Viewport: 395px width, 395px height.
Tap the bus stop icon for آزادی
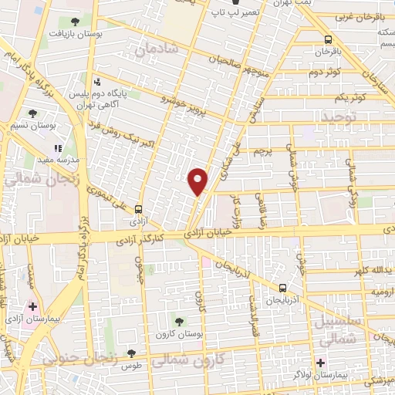138,208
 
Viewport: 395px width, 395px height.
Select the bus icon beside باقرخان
329,40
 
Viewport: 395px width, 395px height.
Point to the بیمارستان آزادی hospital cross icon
32,306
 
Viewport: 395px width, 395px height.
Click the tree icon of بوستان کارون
180,322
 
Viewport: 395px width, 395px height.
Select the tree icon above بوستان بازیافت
74,22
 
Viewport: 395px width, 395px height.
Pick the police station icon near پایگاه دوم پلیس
96,82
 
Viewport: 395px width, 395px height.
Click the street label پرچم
266,154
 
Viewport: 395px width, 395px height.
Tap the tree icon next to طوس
131,353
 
